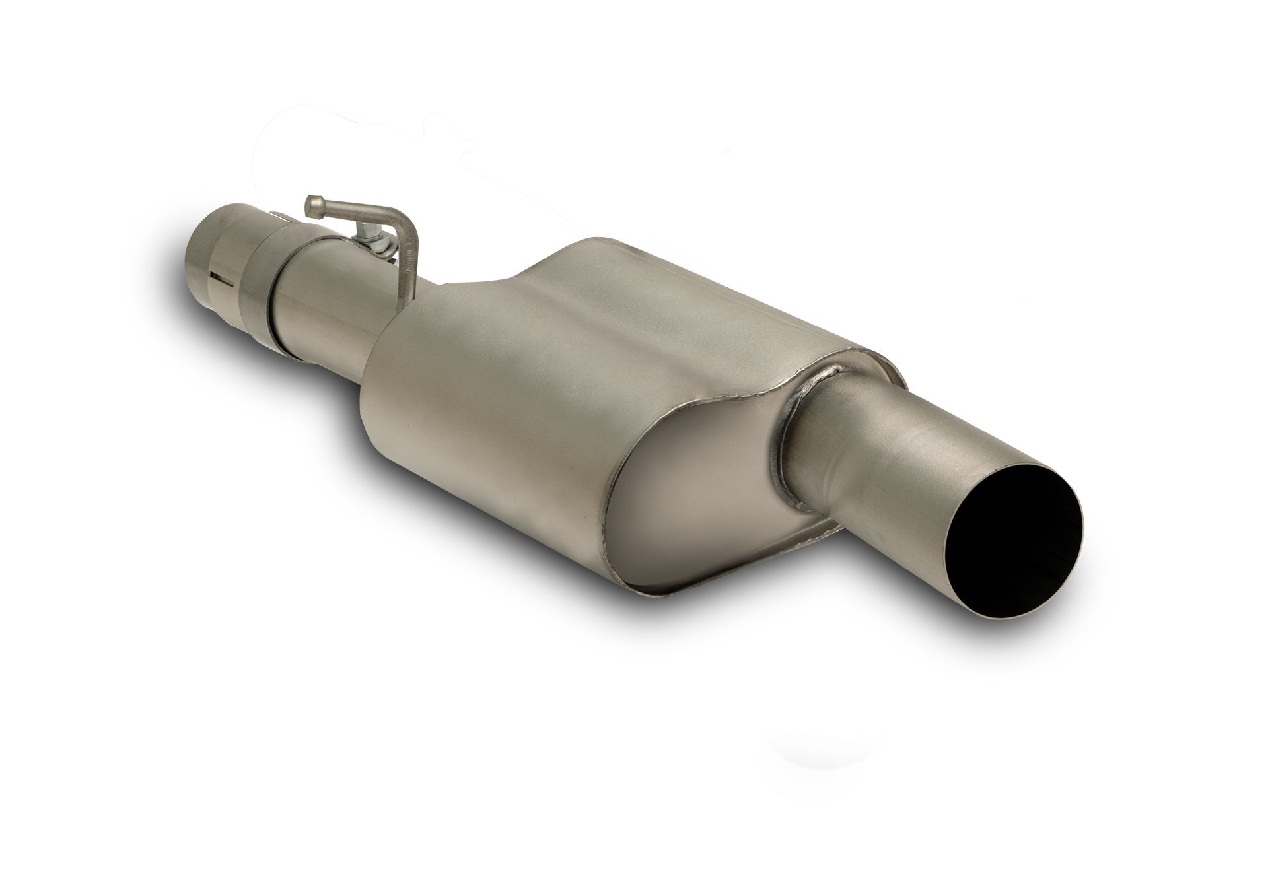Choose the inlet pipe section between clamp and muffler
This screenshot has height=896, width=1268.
pos(330,310)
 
